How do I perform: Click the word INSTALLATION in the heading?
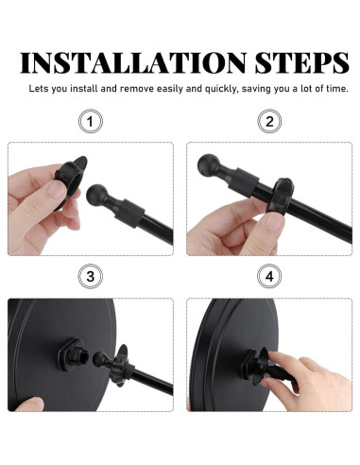133,63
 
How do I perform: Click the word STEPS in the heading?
302,63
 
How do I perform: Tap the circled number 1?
91,121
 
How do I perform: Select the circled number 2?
269,121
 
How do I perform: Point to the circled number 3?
91,276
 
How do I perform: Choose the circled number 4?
269,276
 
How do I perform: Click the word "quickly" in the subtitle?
220,89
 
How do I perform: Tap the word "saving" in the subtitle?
256,89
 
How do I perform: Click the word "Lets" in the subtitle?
39,89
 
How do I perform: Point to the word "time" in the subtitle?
336,89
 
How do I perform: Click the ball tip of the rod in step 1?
96,195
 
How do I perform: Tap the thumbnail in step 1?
57,190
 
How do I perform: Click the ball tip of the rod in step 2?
208,164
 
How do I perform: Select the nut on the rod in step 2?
280,197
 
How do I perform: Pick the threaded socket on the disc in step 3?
73,354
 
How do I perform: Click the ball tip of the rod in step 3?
100,358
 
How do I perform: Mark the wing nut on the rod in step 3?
121,365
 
